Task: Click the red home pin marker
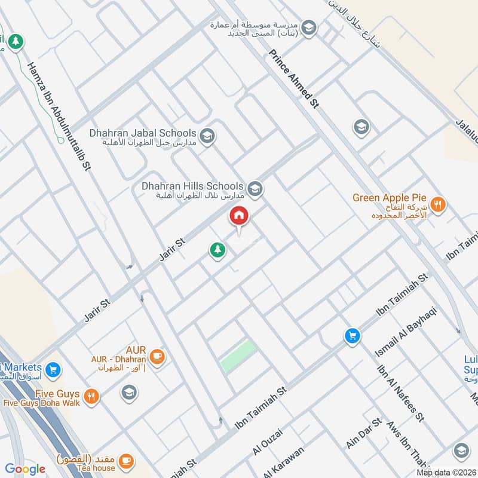pos(239,216)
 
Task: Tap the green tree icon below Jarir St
pos(217,250)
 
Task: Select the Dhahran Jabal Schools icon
pos(207,136)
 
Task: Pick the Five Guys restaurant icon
pos(91,396)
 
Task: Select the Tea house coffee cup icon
pos(125,459)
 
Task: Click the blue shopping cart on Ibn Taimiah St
pos(353,336)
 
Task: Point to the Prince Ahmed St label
pos(294,78)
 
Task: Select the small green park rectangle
pos(238,356)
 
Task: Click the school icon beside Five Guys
pos(128,393)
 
